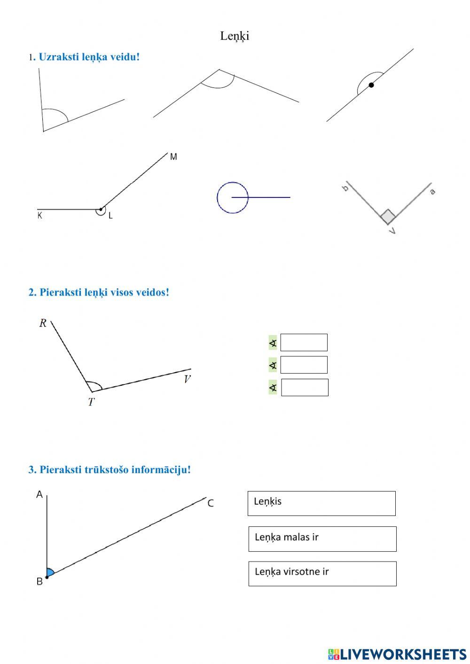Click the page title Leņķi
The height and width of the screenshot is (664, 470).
[x=235, y=36]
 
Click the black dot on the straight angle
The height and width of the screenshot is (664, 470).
[x=371, y=85]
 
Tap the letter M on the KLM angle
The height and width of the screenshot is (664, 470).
[x=173, y=157]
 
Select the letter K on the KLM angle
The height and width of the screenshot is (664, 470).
[x=40, y=216]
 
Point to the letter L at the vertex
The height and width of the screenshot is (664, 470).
[x=110, y=216]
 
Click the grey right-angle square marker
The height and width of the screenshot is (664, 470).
[x=388, y=217]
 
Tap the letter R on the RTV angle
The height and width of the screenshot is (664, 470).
[x=43, y=323]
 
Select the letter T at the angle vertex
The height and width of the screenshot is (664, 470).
[x=91, y=402]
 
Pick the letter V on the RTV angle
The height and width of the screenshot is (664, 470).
[x=187, y=379]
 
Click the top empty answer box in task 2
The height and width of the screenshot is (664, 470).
[x=304, y=343]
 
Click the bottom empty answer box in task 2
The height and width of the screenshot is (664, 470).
[x=305, y=387]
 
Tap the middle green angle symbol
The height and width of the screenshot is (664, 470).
[x=273, y=365]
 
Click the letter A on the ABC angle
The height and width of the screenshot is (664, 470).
[x=39, y=494]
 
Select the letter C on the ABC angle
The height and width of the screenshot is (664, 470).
[x=211, y=503]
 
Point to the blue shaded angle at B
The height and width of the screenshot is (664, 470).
[x=50, y=572]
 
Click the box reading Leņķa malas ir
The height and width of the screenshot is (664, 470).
[x=322, y=539]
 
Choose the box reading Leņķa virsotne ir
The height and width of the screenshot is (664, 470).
[x=322, y=573]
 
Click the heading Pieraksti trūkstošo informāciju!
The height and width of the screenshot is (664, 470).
[x=110, y=469]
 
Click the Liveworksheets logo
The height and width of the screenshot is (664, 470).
[x=397, y=654]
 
